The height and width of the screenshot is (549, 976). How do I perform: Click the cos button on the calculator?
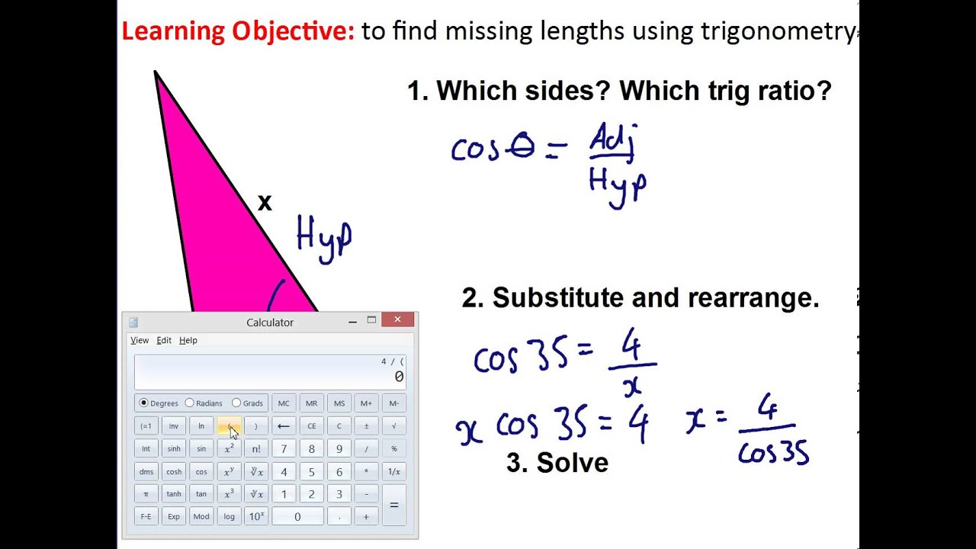pyautogui.click(x=201, y=471)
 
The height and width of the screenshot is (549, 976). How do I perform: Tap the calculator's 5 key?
pyautogui.click(x=311, y=471)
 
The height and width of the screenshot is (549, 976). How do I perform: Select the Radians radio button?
pyautogui.click(x=190, y=403)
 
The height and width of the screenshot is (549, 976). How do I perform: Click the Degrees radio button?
pyautogui.click(x=144, y=403)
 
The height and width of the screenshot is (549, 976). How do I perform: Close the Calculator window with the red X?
pyautogui.click(x=397, y=320)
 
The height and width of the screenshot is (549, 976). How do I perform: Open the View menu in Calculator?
pyautogui.click(x=140, y=340)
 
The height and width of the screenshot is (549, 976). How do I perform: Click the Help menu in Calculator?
pyautogui.click(x=188, y=340)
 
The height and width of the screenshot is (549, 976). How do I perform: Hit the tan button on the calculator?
pyautogui.click(x=201, y=493)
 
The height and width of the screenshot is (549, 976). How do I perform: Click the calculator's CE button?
pyautogui.click(x=311, y=425)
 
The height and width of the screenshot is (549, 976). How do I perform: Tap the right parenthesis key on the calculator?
pyautogui.click(x=256, y=425)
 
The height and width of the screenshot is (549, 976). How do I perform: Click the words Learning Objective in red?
pyautogui.click(x=238, y=31)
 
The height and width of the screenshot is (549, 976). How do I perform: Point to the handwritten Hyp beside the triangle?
pyautogui.click(x=323, y=239)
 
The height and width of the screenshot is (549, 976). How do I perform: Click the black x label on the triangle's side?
pyautogui.click(x=265, y=203)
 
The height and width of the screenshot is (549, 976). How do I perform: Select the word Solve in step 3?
pyautogui.click(x=572, y=463)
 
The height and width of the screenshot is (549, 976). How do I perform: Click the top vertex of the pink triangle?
pyautogui.click(x=156, y=73)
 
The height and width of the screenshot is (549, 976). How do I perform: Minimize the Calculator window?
pyautogui.click(x=352, y=321)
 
